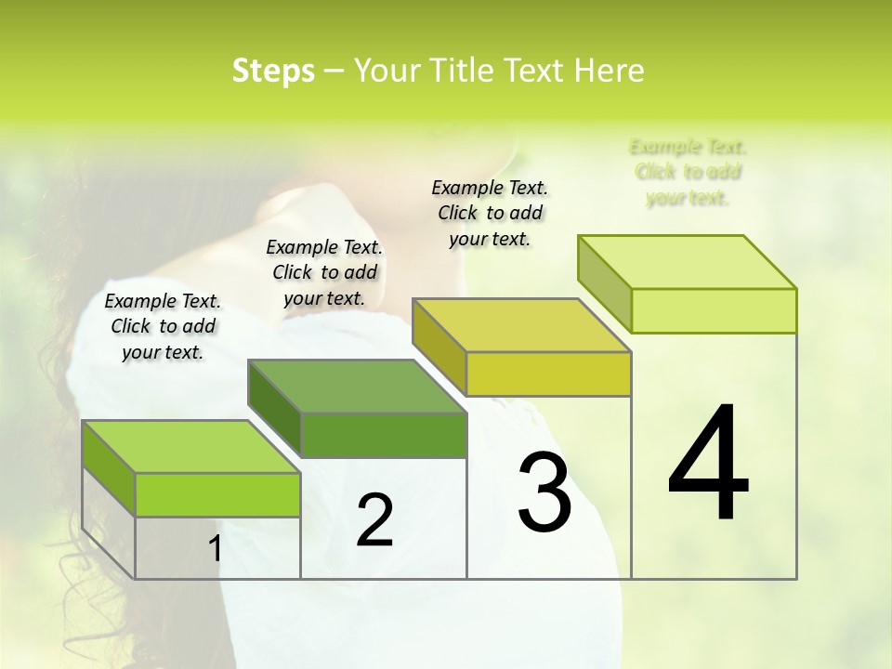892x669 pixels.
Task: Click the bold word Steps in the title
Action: point(273,71)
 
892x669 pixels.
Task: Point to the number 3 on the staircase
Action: point(544,492)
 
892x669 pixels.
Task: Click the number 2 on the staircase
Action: point(374,520)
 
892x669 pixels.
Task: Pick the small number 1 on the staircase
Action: point(215,549)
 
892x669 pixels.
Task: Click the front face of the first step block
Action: point(217,494)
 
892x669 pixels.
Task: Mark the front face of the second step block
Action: point(383,435)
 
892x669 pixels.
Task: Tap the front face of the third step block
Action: point(548,374)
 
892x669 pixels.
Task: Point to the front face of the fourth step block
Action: point(714,310)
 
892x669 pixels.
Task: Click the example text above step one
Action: point(163,326)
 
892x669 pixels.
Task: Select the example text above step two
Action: point(324,272)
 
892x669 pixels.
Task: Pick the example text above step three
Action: point(490,213)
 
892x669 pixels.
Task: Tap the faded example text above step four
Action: point(688,172)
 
